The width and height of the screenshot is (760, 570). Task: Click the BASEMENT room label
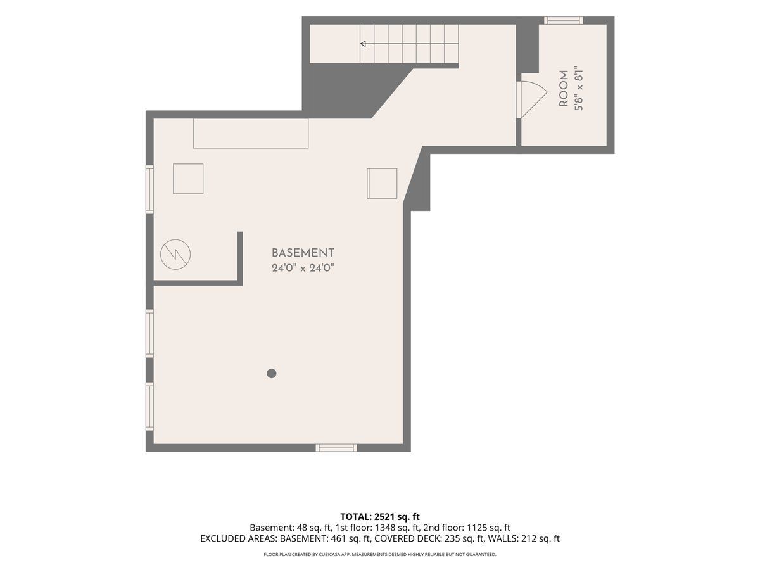pos(303,253)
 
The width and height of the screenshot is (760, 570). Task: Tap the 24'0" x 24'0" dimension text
pos(303,268)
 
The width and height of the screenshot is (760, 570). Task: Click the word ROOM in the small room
pos(564,89)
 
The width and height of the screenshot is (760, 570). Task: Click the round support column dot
pos(272,373)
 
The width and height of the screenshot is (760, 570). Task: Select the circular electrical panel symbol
pos(175,255)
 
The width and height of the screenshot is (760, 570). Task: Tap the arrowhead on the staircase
pos(363,44)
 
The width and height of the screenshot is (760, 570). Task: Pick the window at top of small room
pos(563,20)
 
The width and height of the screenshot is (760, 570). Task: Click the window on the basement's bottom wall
pos(336,448)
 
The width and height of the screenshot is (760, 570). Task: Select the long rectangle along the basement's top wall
pos(251,134)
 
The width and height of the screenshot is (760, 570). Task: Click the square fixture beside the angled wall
pos(382,184)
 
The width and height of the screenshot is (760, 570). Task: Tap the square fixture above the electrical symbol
pos(188,179)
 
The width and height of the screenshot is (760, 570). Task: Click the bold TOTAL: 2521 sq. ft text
pos(380,517)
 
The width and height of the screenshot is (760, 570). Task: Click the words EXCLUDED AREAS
pos(238,538)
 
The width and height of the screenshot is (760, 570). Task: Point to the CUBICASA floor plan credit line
pos(380,554)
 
